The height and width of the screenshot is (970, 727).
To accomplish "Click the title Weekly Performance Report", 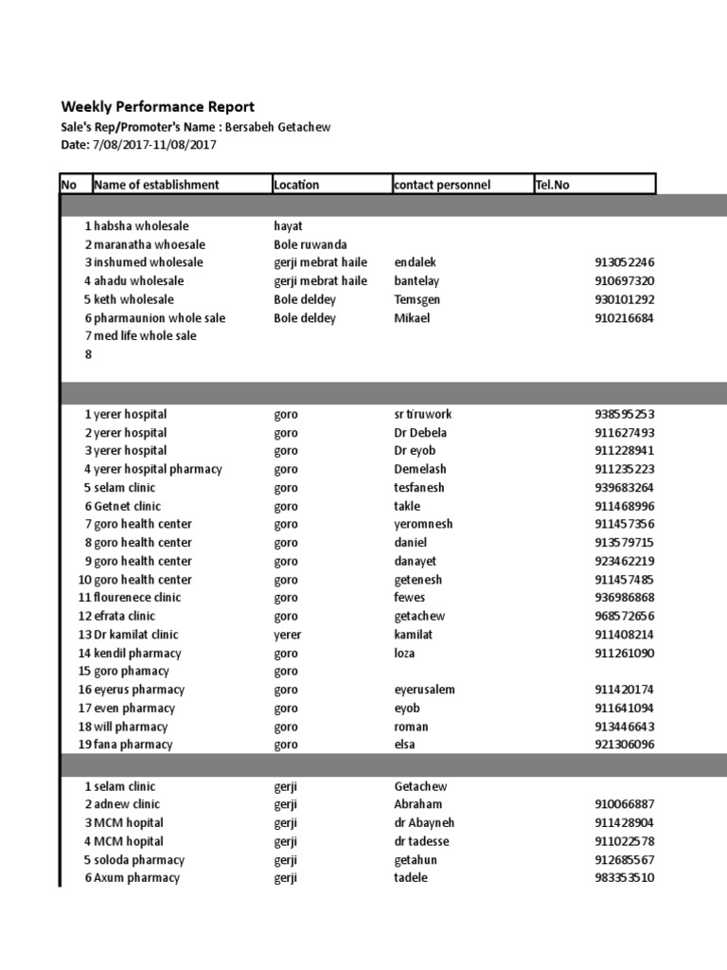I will click(157, 107).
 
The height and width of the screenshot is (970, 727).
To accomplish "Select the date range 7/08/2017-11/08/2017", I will click(155, 145).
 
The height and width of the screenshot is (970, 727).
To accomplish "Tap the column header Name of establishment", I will click(156, 185).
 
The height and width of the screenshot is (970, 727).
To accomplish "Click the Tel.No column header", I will click(553, 185).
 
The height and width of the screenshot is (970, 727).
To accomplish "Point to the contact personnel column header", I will click(442, 185).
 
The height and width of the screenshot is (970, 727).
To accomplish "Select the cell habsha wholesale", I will click(141, 226).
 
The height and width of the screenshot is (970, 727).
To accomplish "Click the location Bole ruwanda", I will click(310, 244).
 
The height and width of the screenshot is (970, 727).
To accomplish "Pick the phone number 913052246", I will click(624, 262).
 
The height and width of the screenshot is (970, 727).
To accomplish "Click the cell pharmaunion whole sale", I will click(159, 318).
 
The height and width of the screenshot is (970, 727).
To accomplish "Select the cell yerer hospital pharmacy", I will click(157, 469).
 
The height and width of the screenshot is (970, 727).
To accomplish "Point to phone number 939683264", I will click(624, 488).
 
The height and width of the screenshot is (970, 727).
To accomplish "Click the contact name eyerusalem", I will click(424, 690).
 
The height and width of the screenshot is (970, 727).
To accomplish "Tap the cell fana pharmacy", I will click(133, 745).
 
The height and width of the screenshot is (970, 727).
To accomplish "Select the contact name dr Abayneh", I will click(424, 823).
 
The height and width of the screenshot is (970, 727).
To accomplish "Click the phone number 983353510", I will click(624, 878).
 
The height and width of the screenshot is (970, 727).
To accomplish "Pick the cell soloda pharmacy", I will click(139, 860).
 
